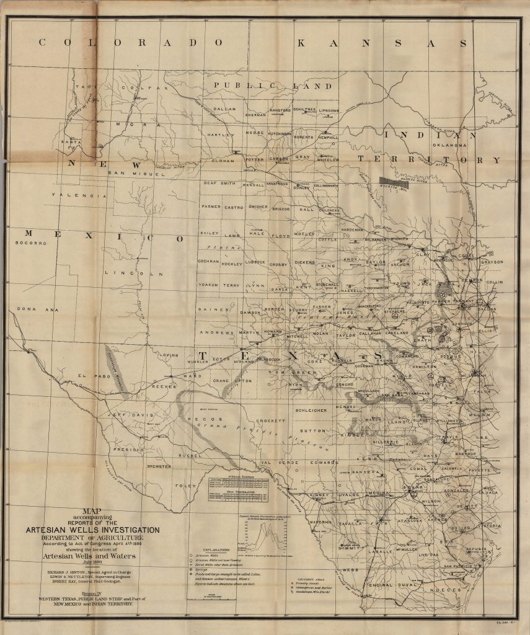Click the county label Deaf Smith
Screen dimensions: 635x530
219,184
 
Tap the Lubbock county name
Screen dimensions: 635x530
255,262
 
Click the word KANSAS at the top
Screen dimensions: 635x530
382,43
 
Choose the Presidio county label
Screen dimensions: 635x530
128,449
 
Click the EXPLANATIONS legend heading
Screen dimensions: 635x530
212,549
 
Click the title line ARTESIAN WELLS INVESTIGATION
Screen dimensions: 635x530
92,530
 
